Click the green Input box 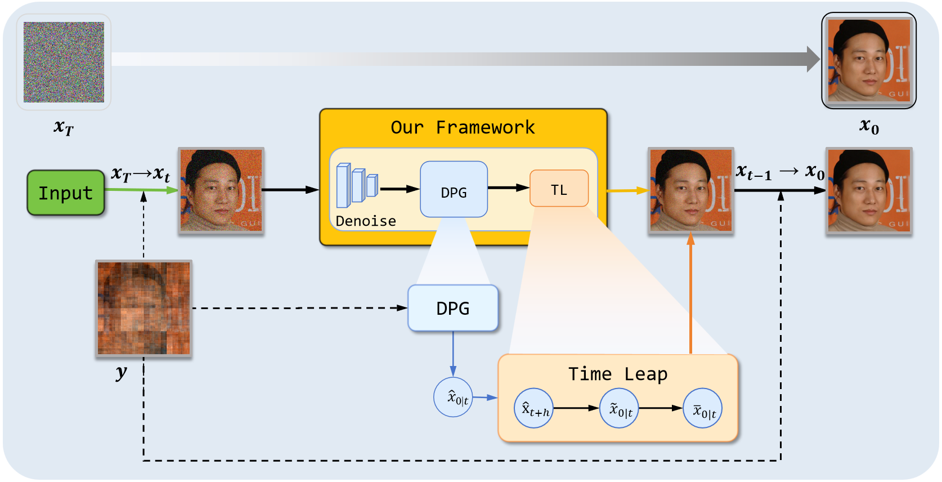point(66,193)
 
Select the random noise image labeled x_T point(64,62)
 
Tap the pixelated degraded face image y point(143,308)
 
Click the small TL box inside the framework point(559,189)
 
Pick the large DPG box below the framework point(453,308)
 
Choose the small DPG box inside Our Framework point(454,190)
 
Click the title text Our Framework point(463,127)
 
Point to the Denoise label point(366,221)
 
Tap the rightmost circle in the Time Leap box point(703,408)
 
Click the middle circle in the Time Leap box point(619,408)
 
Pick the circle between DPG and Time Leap point(453,397)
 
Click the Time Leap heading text point(617,374)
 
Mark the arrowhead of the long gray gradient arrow point(813,59)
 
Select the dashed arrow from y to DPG point(298,308)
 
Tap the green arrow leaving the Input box point(141,190)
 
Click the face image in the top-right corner point(869,60)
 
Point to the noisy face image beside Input point(221,190)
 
